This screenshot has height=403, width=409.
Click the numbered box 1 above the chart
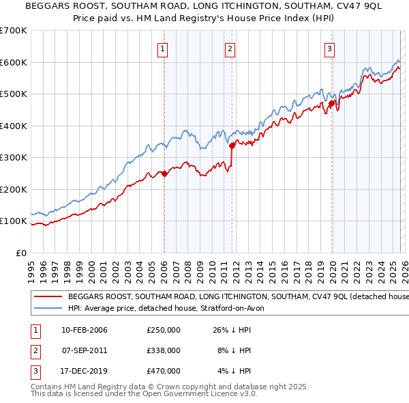(164, 48)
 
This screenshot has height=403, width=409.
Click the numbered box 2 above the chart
(230, 48)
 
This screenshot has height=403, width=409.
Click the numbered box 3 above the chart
(329, 48)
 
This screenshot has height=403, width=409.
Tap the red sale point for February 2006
(164, 173)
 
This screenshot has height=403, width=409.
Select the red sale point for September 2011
(232, 145)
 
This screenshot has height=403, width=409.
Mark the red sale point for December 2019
(332, 104)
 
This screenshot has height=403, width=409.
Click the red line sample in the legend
(48, 297)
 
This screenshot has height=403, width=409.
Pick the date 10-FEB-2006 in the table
(84, 331)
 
